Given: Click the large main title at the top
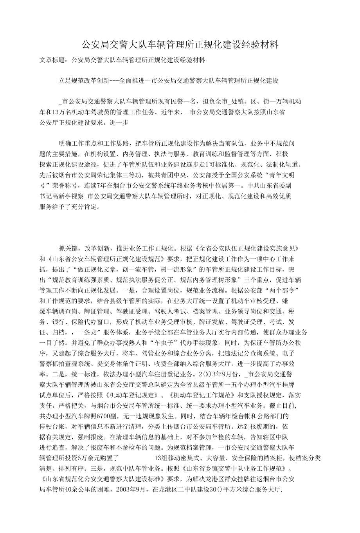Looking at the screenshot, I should pyautogui.click(x=180, y=45).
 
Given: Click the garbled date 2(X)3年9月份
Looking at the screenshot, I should pyautogui.click(x=209, y=373).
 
